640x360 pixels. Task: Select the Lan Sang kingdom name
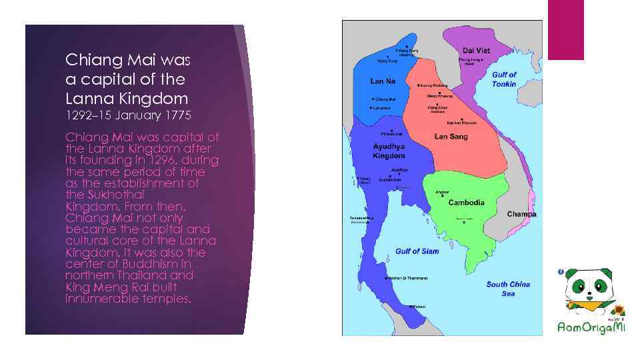[451, 137]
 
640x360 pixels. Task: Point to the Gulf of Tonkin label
[505, 79]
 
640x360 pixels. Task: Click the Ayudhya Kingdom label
[389, 150]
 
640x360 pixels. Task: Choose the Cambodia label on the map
[466, 202]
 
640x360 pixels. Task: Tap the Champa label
[521, 214]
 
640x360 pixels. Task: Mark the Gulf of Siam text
[417, 251]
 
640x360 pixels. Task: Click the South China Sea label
[508, 289]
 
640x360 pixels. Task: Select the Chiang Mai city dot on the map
[373, 99]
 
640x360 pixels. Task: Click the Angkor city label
[442, 193]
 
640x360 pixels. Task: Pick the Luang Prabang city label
[434, 86]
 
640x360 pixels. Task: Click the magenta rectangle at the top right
[565, 29]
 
